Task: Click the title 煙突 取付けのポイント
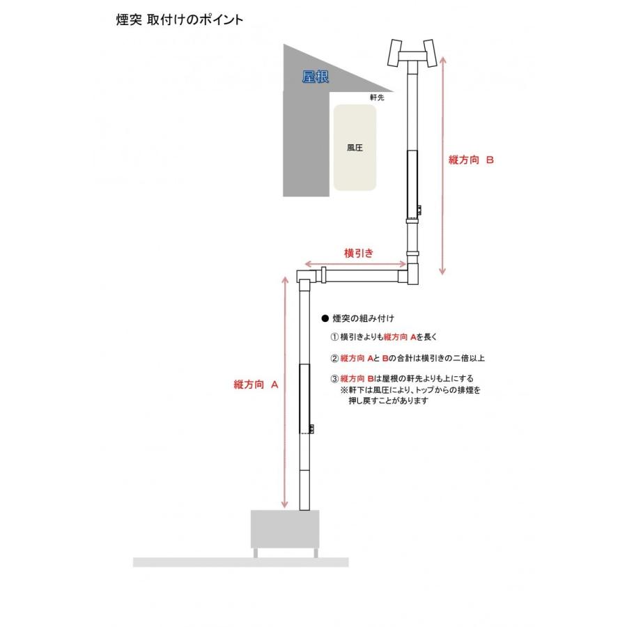point(179,20)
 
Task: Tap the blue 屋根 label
point(316,77)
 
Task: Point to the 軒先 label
point(376,98)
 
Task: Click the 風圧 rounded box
point(355,148)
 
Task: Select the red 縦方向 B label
point(472,160)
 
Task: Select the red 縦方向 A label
point(256,384)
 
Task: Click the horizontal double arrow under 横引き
point(352,265)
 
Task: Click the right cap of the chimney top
point(429,53)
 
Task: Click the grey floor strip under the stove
point(240,562)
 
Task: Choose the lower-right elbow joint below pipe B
point(411,273)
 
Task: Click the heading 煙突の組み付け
point(363,318)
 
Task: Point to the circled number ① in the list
point(334,337)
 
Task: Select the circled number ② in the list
point(334,358)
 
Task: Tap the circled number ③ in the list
point(334,379)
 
